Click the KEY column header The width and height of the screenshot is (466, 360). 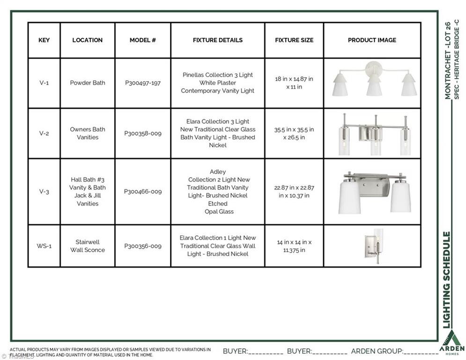pyautogui.click(x=44, y=40)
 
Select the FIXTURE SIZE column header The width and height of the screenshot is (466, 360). pyautogui.click(x=294, y=40)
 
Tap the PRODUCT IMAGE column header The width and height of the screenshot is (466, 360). pyautogui.click(x=372, y=40)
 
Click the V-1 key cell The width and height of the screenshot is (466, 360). pyautogui.click(x=44, y=83)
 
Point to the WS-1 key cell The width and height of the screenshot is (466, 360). pyautogui.click(x=44, y=246)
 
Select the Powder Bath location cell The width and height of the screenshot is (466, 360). pyautogui.click(x=88, y=83)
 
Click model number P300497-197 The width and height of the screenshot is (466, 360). pyautogui.click(x=143, y=83)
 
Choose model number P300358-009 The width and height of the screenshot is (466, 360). pyautogui.click(x=143, y=133)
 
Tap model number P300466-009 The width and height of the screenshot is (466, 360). pyautogui.click(x=143, y=191)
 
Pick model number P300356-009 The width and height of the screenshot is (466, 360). pyautogui.click(x=143, y=246)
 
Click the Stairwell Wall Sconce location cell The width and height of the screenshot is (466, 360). pyautogui.click(x=88, y=246)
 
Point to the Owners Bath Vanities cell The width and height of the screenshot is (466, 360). pyautogui.click(x=88, y=133)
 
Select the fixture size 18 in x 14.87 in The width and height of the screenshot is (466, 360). pyautogui.click(x=294, y=83)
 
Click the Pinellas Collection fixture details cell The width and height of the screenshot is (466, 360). pyautogui.click(x=218, y=83)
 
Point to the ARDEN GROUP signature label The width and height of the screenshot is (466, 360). pyautogui.click(x=377, y=351)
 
